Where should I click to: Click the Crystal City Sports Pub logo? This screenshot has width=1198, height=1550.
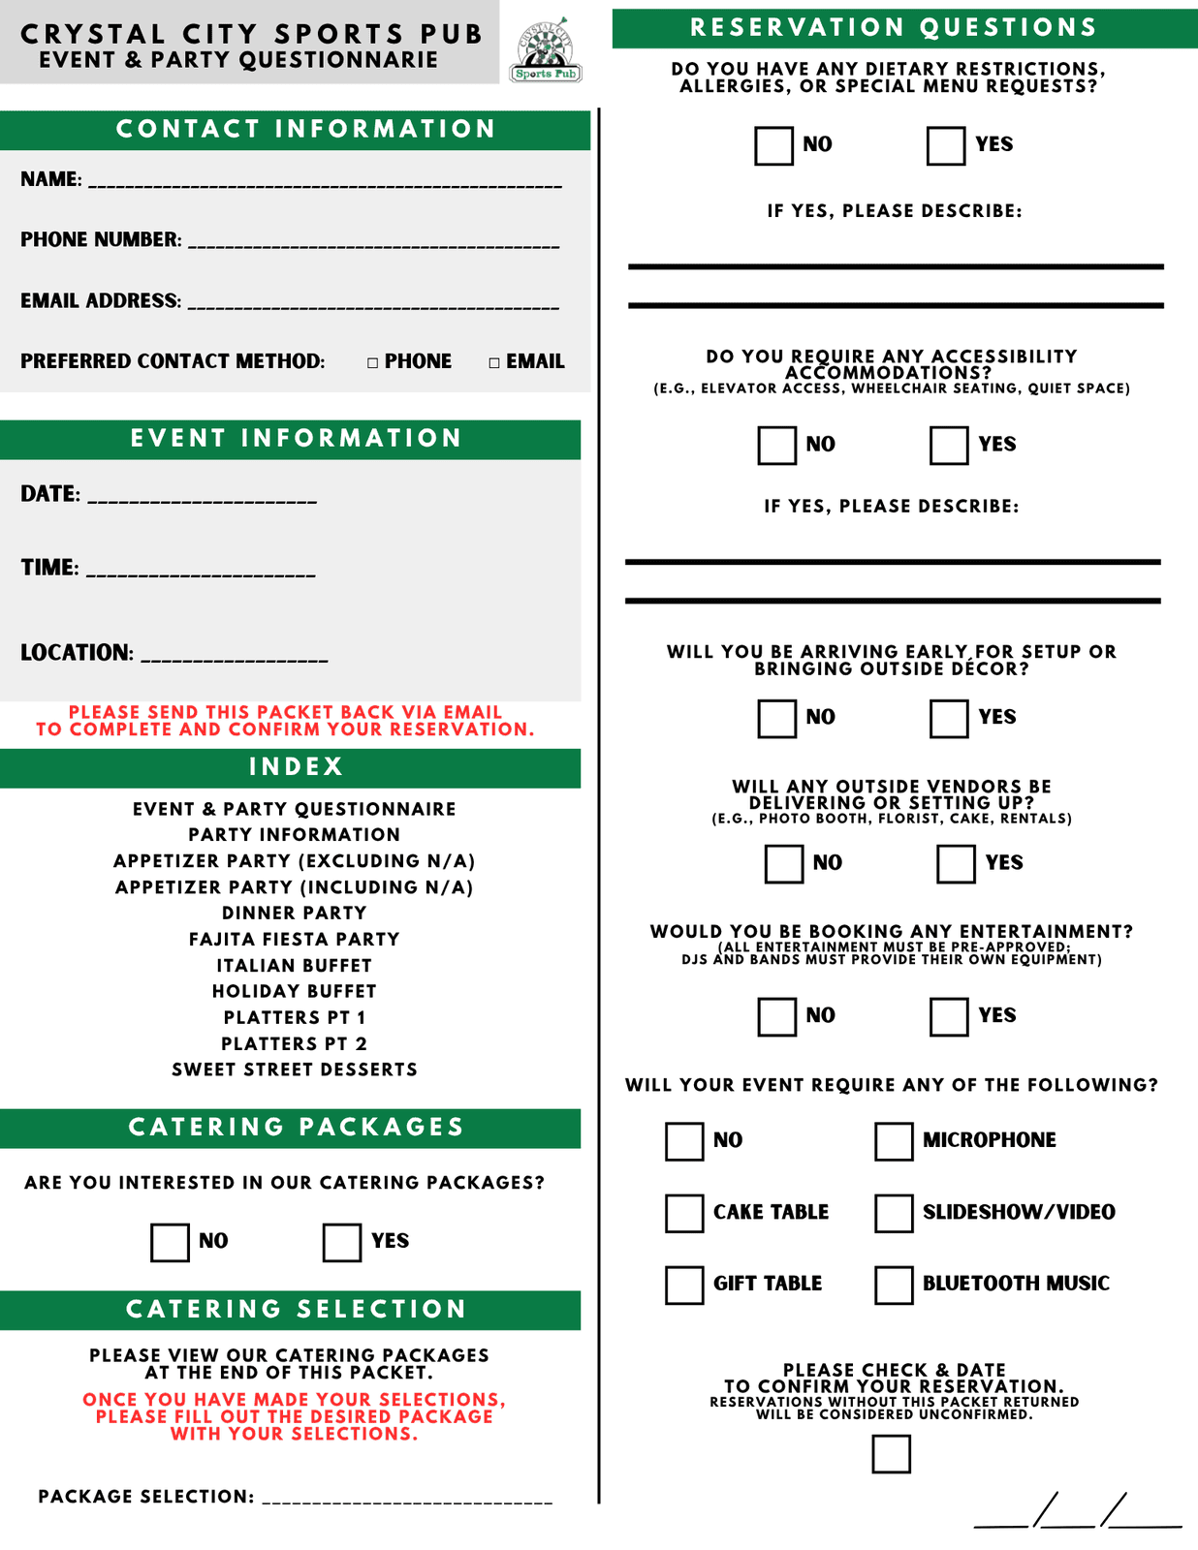546,50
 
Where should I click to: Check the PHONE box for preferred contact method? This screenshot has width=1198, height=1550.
373,363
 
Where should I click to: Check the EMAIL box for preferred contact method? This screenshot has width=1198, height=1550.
494,363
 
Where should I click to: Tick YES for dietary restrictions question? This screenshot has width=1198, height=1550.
945,146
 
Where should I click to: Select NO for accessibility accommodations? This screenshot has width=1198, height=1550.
776,446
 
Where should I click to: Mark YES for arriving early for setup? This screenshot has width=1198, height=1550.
948,719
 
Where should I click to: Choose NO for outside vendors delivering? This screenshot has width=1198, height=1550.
783,864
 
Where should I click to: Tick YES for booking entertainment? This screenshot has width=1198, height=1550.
948,1017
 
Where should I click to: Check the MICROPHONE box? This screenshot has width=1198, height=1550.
894,1141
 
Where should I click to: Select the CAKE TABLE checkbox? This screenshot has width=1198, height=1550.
684,1213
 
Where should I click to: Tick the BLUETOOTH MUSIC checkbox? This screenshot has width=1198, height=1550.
894,1285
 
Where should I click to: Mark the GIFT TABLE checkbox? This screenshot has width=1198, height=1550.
684,1285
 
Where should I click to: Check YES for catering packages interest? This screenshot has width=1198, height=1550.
341,1243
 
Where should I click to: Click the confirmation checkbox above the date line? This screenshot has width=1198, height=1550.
891,1454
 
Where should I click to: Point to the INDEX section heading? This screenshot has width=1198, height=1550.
296,767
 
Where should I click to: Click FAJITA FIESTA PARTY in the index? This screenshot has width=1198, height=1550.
294,939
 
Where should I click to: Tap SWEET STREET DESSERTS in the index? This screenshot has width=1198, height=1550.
294,1069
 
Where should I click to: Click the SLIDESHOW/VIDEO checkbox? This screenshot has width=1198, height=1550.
894,1213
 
